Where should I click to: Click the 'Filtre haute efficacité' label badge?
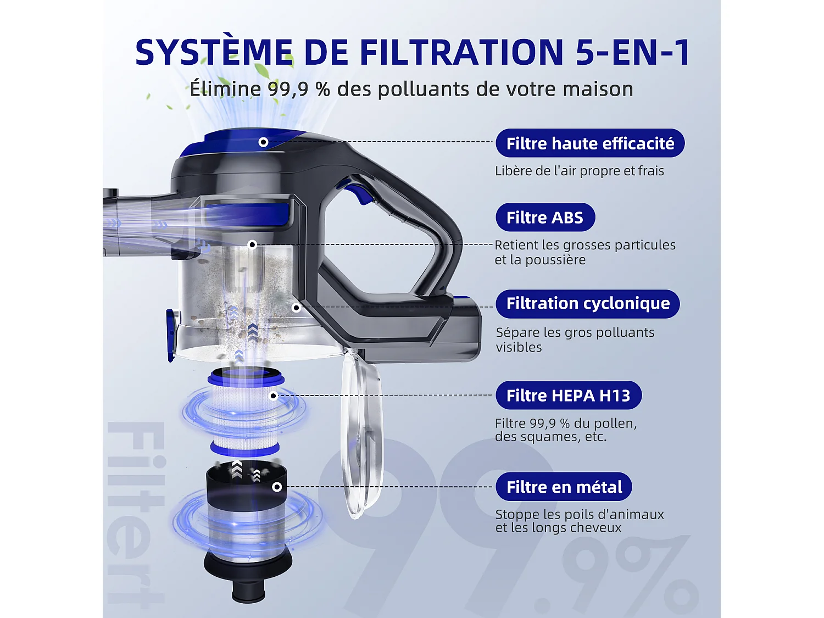click(x=590, y=143)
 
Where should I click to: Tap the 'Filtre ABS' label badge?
click(x=545, y=217)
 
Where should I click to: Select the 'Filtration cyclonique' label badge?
click(x=588, y=304)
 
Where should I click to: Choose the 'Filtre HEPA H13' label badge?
click(x=569, y=395)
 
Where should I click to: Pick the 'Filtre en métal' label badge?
click(x=564, y=487)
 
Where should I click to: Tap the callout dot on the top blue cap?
click(x=264, y=142)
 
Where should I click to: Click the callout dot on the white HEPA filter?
click(x=274, y=396)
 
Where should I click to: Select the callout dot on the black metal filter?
click(x=277, y=487)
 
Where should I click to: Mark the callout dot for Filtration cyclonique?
click(x=297, y=308)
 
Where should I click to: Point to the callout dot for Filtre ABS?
click(x=253, y=245)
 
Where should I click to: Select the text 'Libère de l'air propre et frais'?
click(x=579, y=171)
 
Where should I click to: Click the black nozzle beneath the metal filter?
click(x=248, y=592)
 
